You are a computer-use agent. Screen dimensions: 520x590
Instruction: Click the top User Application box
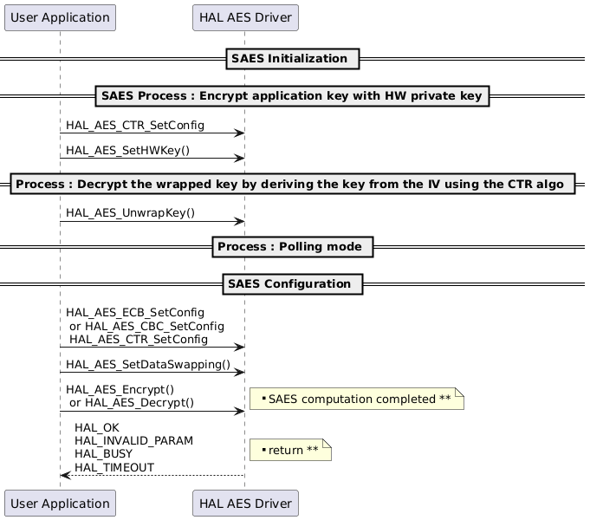pos(60,16)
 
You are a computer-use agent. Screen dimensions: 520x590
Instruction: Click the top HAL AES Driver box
pos(245,16)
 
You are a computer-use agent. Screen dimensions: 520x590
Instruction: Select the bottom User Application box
pos(60,503)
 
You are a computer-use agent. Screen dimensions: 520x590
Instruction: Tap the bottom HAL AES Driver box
pos(245,503)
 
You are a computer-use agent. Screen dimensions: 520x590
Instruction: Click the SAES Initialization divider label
pos(292,59)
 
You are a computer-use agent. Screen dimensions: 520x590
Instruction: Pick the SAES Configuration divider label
pos(292,284)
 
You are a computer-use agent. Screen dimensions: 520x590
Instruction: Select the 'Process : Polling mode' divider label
pos(292,247)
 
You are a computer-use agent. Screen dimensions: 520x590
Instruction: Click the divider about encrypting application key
pos(292,95)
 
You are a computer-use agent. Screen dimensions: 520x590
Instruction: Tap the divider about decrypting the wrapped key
pos(292,185)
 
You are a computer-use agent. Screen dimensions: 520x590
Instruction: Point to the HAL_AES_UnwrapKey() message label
pos(130,213)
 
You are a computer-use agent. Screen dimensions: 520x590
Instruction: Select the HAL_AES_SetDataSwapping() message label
pos(148,366)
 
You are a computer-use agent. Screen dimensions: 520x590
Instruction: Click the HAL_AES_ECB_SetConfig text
pos(135,312)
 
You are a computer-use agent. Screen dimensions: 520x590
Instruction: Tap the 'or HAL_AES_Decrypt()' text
pos(131,403)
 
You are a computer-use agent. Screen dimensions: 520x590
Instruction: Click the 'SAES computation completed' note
pos(357,399)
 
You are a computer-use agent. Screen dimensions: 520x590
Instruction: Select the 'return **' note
pos(290,451)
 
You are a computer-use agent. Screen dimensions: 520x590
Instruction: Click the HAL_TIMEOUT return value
pos(114,467)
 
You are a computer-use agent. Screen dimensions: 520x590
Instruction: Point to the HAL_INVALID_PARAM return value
pos(133,441)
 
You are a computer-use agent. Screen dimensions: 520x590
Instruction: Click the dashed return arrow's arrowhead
pos(65,475)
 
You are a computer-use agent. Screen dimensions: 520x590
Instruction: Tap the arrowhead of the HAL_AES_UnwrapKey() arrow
pos(240,222)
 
